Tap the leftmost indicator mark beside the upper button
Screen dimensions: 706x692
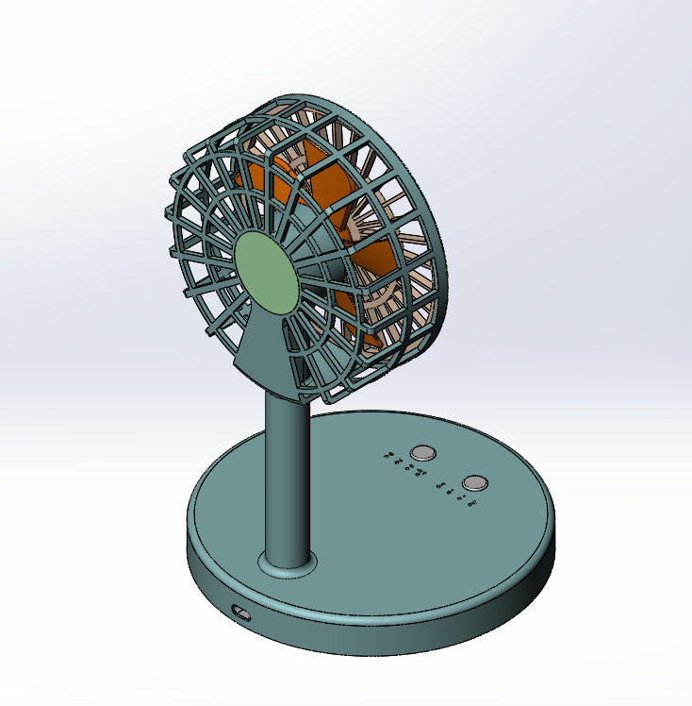pyautogui.click(x=388, y=457)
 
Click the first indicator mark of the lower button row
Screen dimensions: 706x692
pyautogui.click(x=441, y=484)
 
